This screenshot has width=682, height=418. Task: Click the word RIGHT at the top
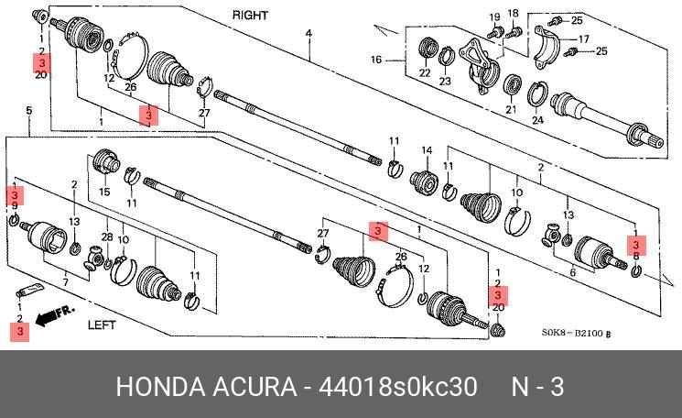point(250,16)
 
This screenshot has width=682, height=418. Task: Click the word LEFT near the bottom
point(105,324)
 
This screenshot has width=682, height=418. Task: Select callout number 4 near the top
point(309,34)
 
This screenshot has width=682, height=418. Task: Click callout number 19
point(494,17)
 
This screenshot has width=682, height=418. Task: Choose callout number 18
point(513,12)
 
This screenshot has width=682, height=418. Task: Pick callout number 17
point(583,39)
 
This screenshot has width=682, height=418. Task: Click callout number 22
point(425,73)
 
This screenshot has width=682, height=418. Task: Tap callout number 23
point(445,82)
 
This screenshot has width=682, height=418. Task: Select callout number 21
point(511,110)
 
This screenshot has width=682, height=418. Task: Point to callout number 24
point(537,120)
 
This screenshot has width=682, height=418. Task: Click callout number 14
point(426,150)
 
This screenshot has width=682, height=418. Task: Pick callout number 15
point(104,192)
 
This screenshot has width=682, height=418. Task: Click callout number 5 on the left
point(28,111)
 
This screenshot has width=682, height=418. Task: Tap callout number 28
point(106,238)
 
